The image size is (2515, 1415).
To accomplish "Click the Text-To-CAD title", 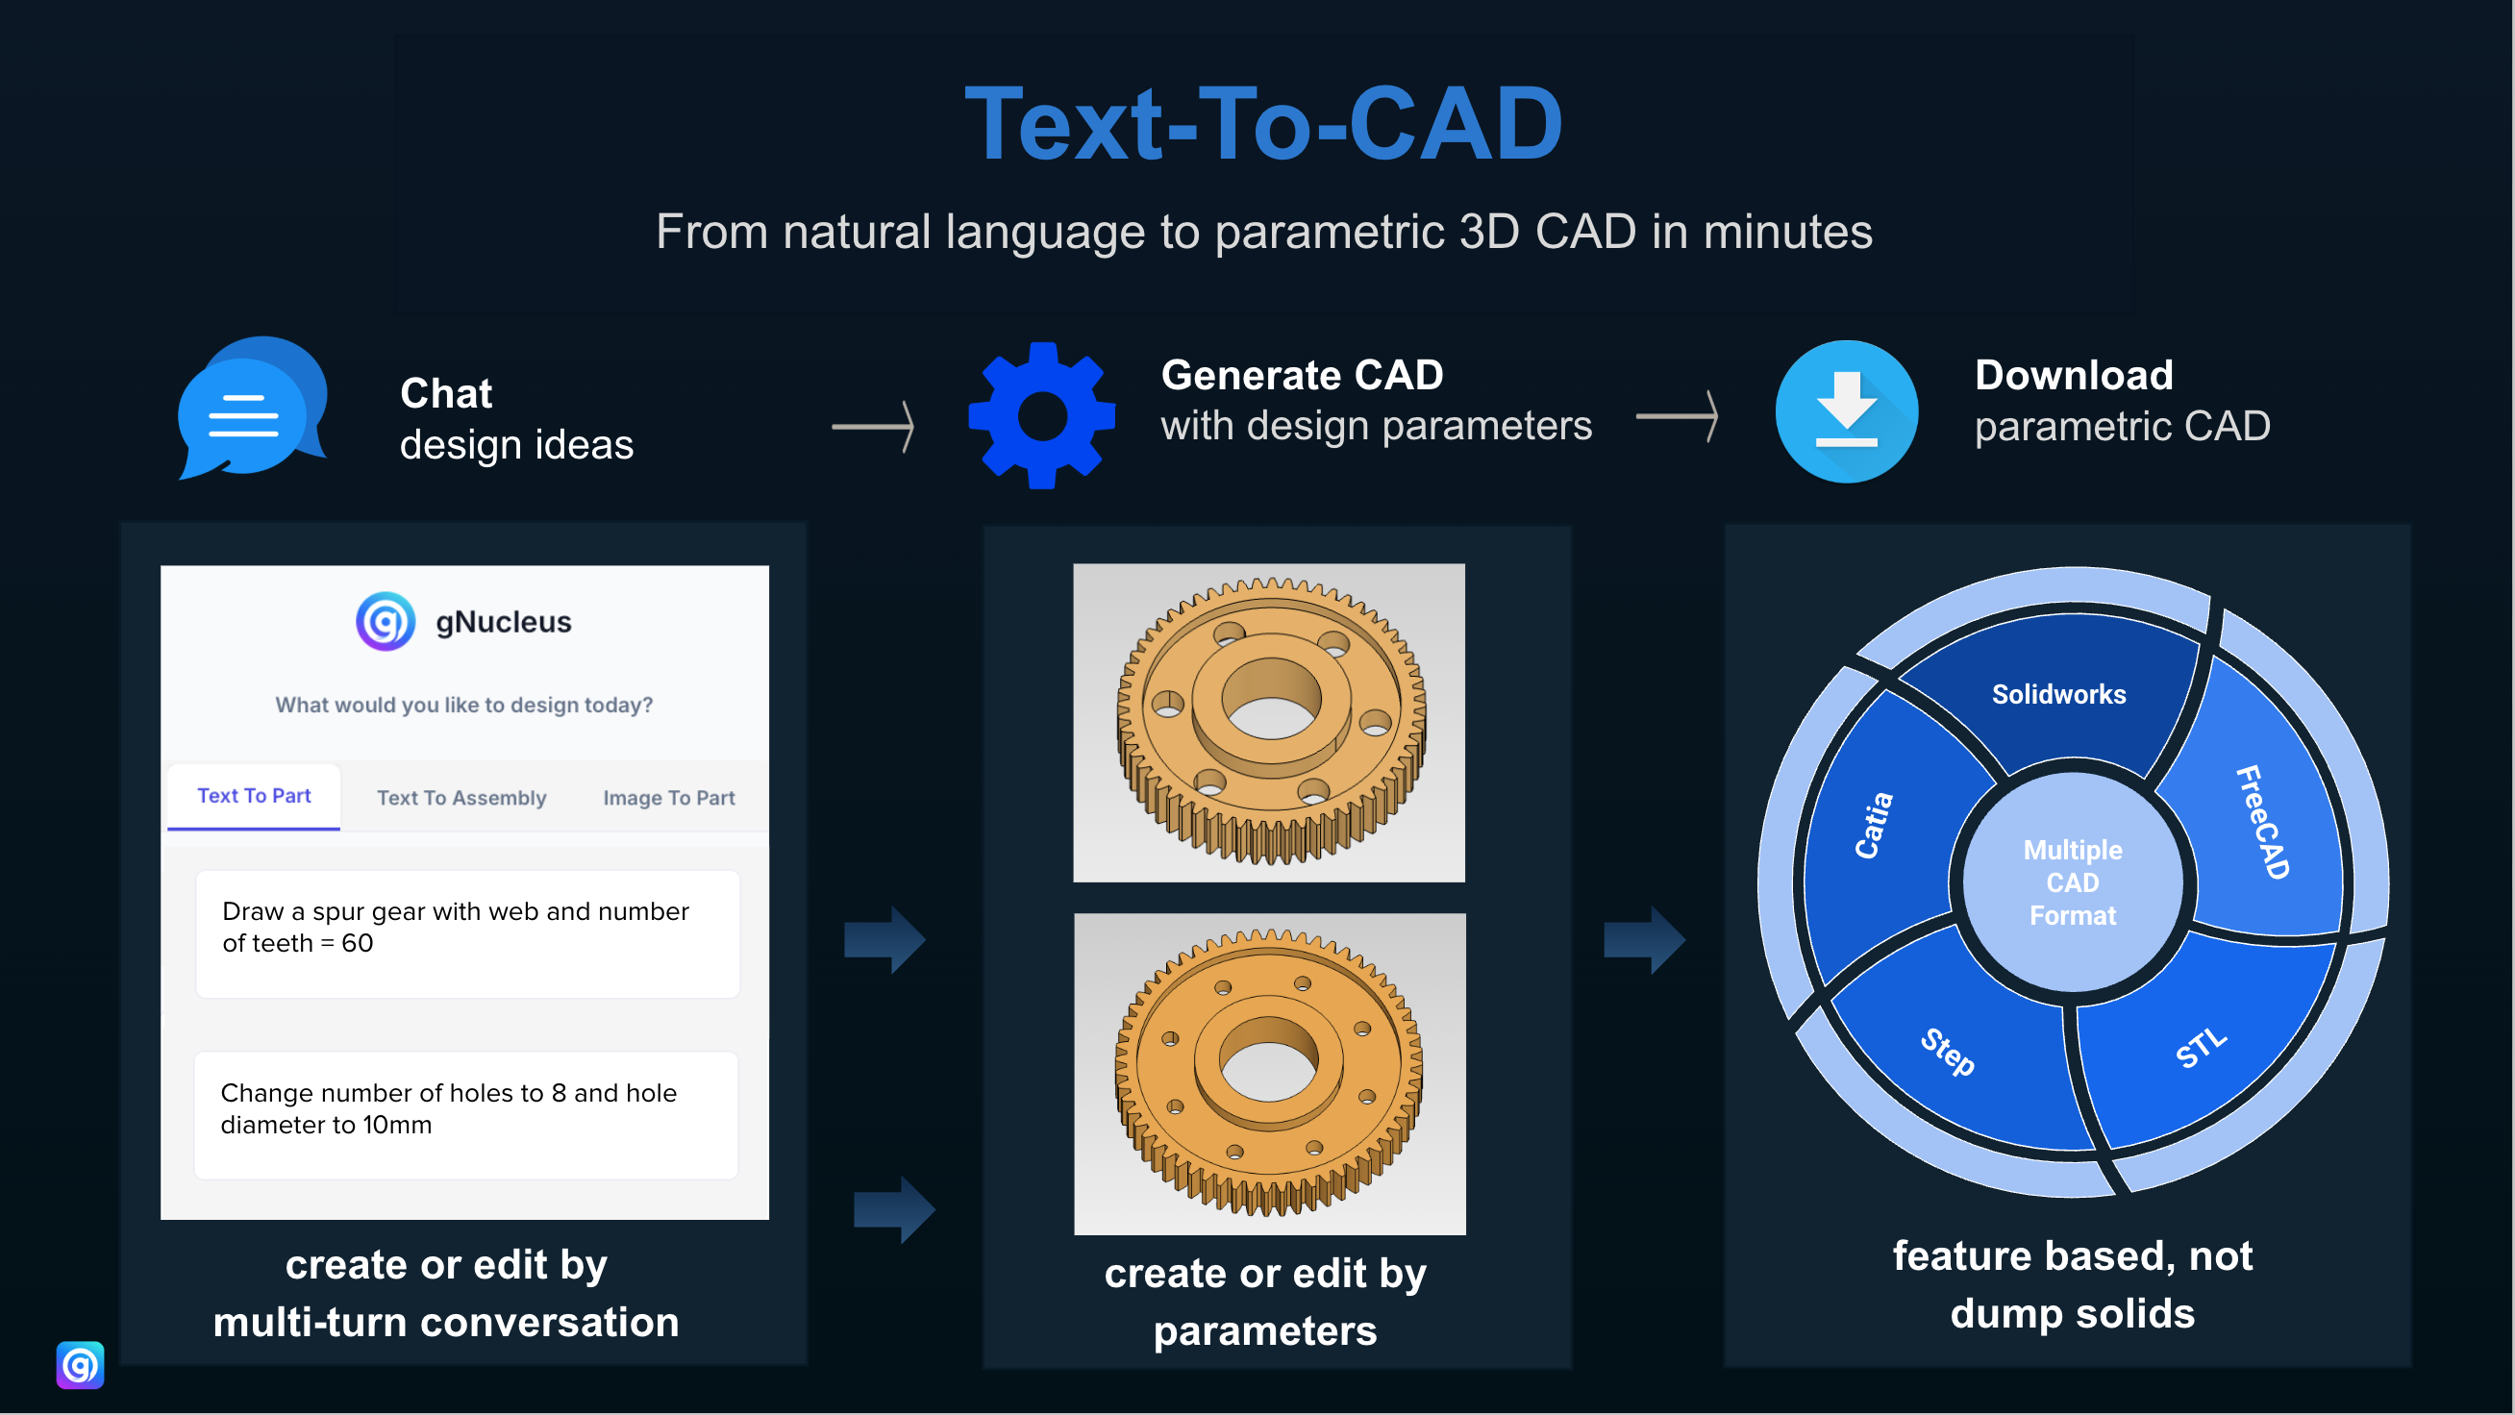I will coord(1263,124).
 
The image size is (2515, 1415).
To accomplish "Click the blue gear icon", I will coord(1042,416).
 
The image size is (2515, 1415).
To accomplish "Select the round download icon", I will coord(1845,412).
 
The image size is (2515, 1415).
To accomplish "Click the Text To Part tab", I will coord(254,796).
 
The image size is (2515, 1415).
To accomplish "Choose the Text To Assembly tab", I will coord(461,798).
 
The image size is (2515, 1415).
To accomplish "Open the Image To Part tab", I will coord(669,798).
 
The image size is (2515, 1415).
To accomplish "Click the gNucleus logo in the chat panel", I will coord(386,622).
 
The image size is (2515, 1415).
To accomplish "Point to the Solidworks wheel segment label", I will coord(2058,694).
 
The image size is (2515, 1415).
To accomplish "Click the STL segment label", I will coord(2201,1049).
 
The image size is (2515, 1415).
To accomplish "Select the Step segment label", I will coord(1947,1053).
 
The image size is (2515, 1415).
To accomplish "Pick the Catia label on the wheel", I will coord(1874,826).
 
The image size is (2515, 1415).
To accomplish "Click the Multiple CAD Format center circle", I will coord(2072,882).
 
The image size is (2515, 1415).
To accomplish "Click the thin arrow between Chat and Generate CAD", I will coord(873,427).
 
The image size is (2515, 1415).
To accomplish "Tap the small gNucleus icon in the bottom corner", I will coord(80,1365).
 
